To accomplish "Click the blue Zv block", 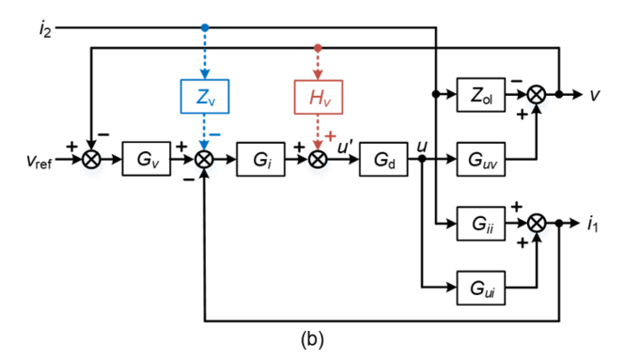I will (205, 96).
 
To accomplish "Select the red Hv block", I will (319, 96).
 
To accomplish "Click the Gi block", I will (260, 159).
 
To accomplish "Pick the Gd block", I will (384, 159).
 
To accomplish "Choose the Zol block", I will (481, 95).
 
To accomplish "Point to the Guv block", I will (481, 159).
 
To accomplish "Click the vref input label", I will (39, 160).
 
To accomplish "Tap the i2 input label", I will (44, 29).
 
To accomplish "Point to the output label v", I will (595, 95).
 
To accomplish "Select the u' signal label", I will (345, 145).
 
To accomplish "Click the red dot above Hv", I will (319, 47).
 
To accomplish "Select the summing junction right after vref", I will (91, 159).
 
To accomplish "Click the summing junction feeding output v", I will (537, 95).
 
